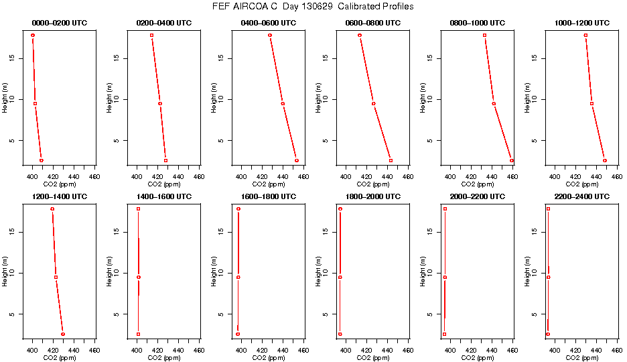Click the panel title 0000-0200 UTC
click(x=59, y=23)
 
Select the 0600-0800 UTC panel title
click(x=373, y=23)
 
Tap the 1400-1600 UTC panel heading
click(x=163, y=196)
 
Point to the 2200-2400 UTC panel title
click(x=582, y=196)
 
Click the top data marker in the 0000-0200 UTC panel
click(x=32, y=35)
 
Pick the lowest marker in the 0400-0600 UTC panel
click(x=297, y=160)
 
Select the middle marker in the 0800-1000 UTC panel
click(x=494, y=103)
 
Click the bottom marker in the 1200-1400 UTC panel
click(x=63, y=334)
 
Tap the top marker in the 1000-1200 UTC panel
click(x=585, y=35)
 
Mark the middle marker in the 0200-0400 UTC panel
click(x=160, y=103)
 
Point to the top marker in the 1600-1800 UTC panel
click(x=238, y=209)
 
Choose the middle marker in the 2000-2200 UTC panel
click(x=445, y=277)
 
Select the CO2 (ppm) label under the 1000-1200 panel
click(x=582, y=184)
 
